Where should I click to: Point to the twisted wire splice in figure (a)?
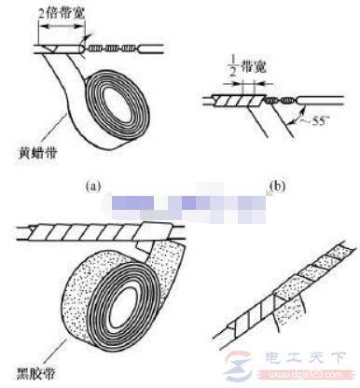click(113, 44)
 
